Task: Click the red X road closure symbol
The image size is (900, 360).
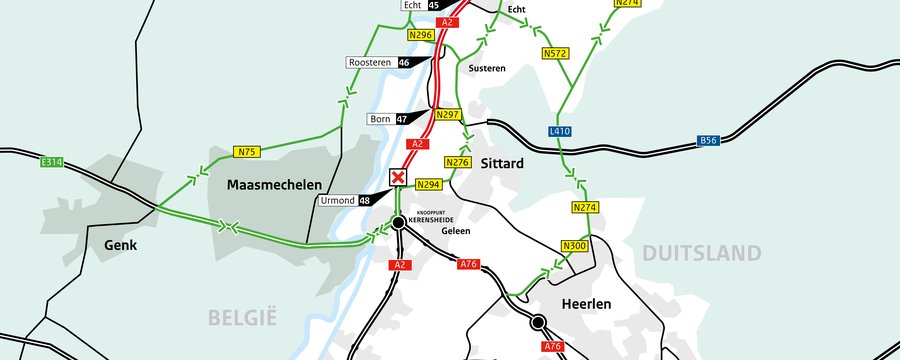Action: click(x=398, y=178)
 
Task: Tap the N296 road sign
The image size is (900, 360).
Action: click(x=421, y=34)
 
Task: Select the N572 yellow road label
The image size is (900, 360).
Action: click(x=556, y=52)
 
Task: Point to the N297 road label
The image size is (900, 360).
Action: click(x=448, y=115)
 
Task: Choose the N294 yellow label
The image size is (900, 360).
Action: click(x=429, y=185)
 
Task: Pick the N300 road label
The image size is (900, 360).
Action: click(x=575, y=246)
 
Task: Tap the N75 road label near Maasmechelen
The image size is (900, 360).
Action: click(x=247, y=152)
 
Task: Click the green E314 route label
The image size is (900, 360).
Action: click(x=53, y=162)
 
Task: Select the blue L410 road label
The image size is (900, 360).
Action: click(x=560, y=131)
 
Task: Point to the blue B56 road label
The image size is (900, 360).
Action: click(x=709, y=142)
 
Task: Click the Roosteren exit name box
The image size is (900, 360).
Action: click(x=371, y=62)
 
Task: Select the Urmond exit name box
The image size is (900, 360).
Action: click(x=337, y=201)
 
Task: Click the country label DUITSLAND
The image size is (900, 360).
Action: click(x=701, y=252)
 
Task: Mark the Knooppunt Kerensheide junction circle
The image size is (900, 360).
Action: click(x=398, y=222)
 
